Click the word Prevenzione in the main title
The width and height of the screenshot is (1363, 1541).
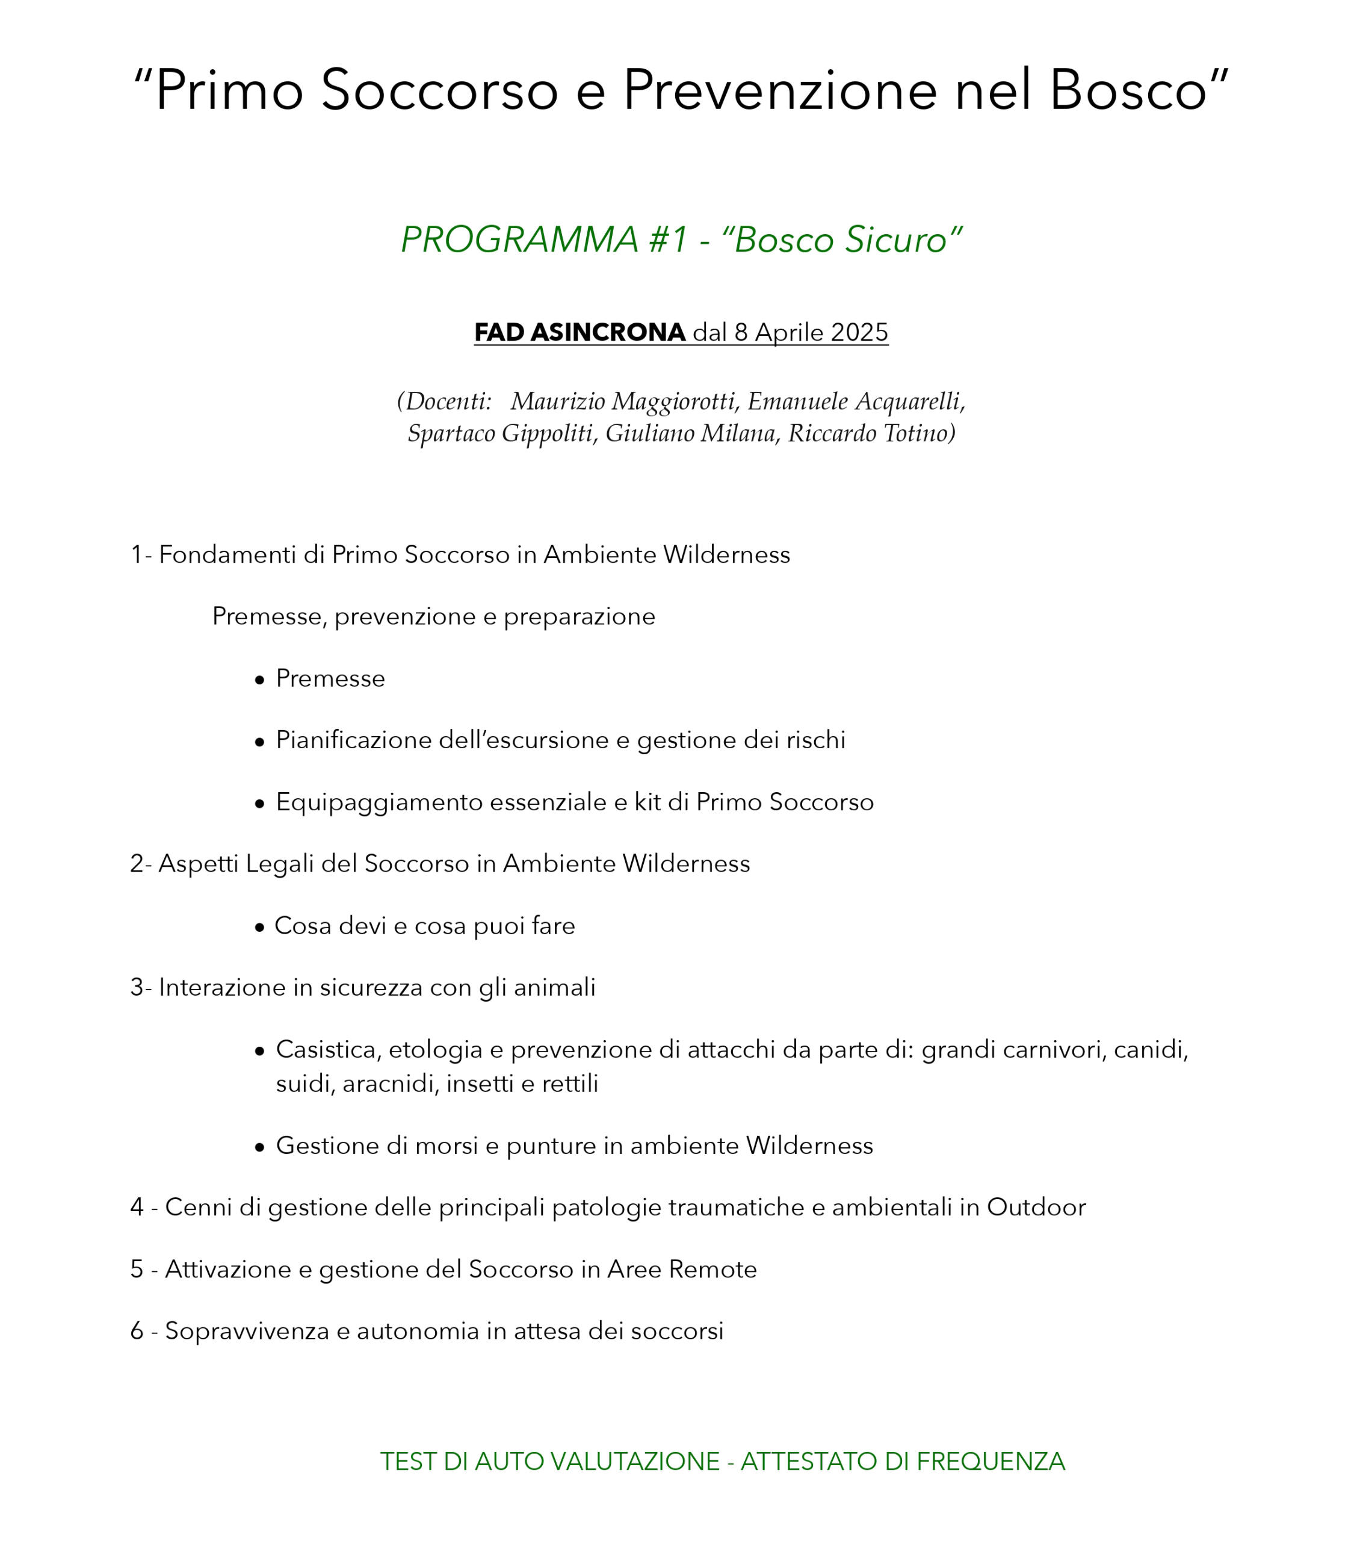tap(779, 90)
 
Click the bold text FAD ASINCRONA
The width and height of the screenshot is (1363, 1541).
tap(579, 332)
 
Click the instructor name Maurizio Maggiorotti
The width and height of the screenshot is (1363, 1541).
tap(622, 402)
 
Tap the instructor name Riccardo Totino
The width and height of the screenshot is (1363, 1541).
tap(871, 433)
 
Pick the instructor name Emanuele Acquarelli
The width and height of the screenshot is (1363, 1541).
tap(856, 402)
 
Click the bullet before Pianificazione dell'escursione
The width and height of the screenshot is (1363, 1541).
tap(259, 742)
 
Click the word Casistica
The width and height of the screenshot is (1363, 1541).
tap(326, 1049)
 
